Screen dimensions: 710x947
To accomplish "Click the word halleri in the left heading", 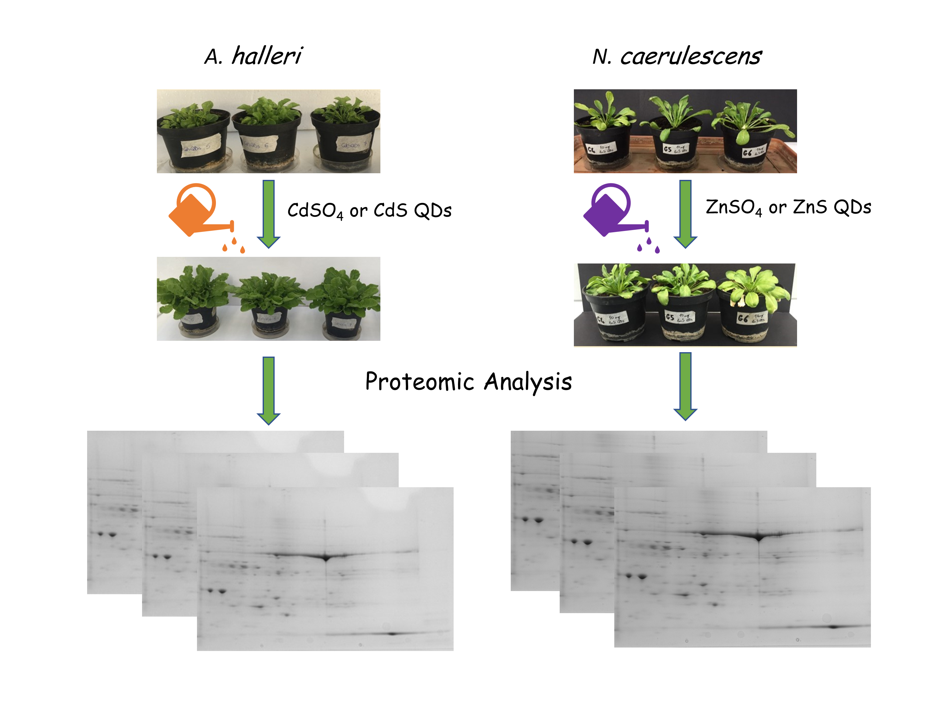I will [x=267, y=56].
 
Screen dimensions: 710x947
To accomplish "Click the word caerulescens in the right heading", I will [x=691, y=56].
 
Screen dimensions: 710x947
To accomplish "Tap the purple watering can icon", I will [x=610, y=210].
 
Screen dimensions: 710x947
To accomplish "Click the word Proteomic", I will [x=419, y=382].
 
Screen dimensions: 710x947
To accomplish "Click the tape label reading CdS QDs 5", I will [x=200, y=145].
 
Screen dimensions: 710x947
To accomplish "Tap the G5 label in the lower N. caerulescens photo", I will [x=679, y=317].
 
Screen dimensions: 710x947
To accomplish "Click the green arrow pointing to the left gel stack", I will [x=268, y=389].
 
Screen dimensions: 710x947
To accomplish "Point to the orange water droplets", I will [x=234, y=245].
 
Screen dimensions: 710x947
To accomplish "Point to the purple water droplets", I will [x=649, y=245].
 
